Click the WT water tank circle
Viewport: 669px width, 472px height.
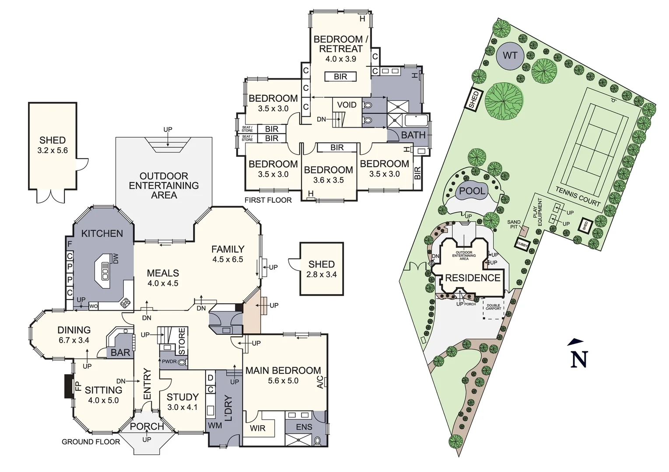[x=510, y=56]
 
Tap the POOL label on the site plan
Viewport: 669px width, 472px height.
[x=472, y=191]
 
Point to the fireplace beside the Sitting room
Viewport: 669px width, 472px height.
[x=69, y=386]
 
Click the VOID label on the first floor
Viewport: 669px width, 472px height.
[x=347, y=105]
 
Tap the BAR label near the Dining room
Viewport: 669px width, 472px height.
[x=120, y=352]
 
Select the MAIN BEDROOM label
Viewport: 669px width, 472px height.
[x=283, y=371]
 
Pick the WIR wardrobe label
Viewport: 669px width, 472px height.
[x=258, y=428]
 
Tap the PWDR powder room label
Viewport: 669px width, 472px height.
[x=169, y=362]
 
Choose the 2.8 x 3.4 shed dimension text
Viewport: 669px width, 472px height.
[x=322, y=274]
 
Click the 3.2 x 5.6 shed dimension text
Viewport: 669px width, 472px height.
[x=53, y=151]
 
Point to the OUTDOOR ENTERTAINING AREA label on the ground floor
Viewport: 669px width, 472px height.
[x=164, y=185]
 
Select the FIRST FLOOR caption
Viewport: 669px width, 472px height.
[x=268, y=200]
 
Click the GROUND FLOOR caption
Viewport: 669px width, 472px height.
[x=91, y=442]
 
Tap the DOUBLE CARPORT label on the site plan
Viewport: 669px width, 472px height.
[x=493, y=307]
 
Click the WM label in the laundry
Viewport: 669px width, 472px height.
[x=215, y=425]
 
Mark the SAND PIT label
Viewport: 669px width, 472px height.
[x=514, y=225]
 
